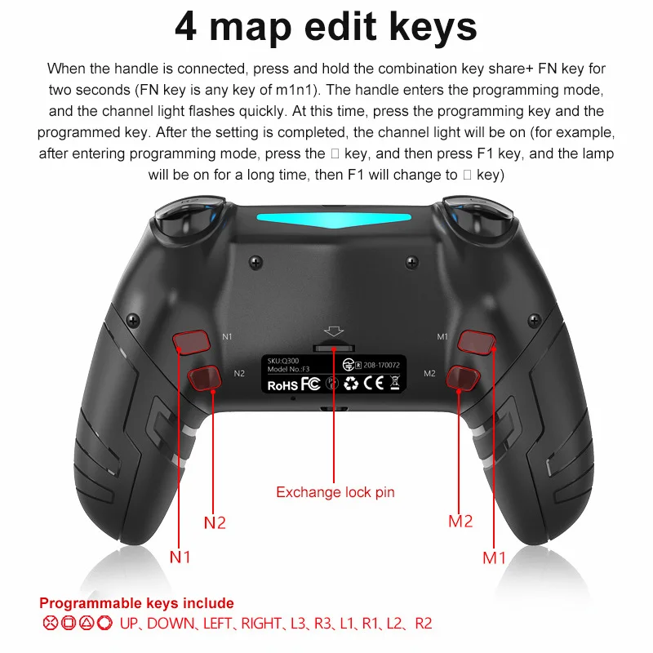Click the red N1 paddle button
pyautogui.click(x=191, y=343)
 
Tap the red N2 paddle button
pyautogui.click(x=204, y=377)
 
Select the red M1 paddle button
pyautogui.click(x=477, y=342)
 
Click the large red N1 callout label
pyautogui.click(x=180, y=557)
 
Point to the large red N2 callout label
pyautogui.click(x=215, y=522)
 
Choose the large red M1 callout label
pyautogui.click(x=494, y=557)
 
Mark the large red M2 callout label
pyautogui.click(x=460, y=521)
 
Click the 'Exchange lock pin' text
pyautogui.click(x=335, y=492)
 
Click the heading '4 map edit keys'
pyautogui.click(x=326, y=27)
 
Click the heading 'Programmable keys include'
pyautogui.click(x=136, y=603)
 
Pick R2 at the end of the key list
pyautogui.click(x=423, y=624)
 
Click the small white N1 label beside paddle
pyautogui.click(x=228, y=335)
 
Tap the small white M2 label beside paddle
pyautogui.click(x=430, y=373)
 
